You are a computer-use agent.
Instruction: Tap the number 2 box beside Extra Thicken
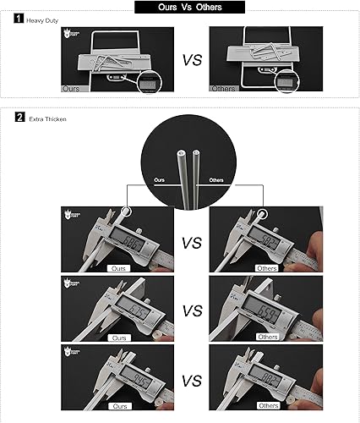(19, 118)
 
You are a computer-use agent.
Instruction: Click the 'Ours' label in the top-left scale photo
(71, 88)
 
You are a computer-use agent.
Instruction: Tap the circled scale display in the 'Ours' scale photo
(150, 82)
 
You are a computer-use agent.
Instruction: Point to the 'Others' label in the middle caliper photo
(267, 336)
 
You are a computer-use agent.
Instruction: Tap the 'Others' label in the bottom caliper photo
(267, 404)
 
